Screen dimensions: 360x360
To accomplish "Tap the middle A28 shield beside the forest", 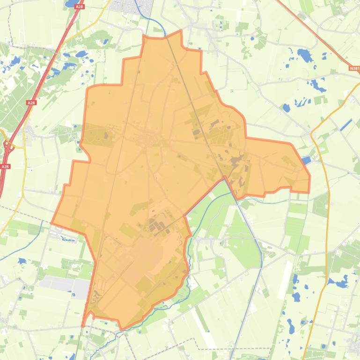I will (31, 103).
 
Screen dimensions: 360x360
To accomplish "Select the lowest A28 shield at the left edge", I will (5, 166).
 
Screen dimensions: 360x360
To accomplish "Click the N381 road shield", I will (354, 68).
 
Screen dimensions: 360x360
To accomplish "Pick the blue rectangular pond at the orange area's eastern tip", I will (306, 160).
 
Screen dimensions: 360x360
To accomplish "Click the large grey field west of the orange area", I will (65, 286).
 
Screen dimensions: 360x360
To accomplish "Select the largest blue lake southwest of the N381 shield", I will (305, 56).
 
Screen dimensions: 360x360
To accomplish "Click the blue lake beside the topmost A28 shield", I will (73, 3).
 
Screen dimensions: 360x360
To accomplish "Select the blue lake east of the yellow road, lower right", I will (338, 282).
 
